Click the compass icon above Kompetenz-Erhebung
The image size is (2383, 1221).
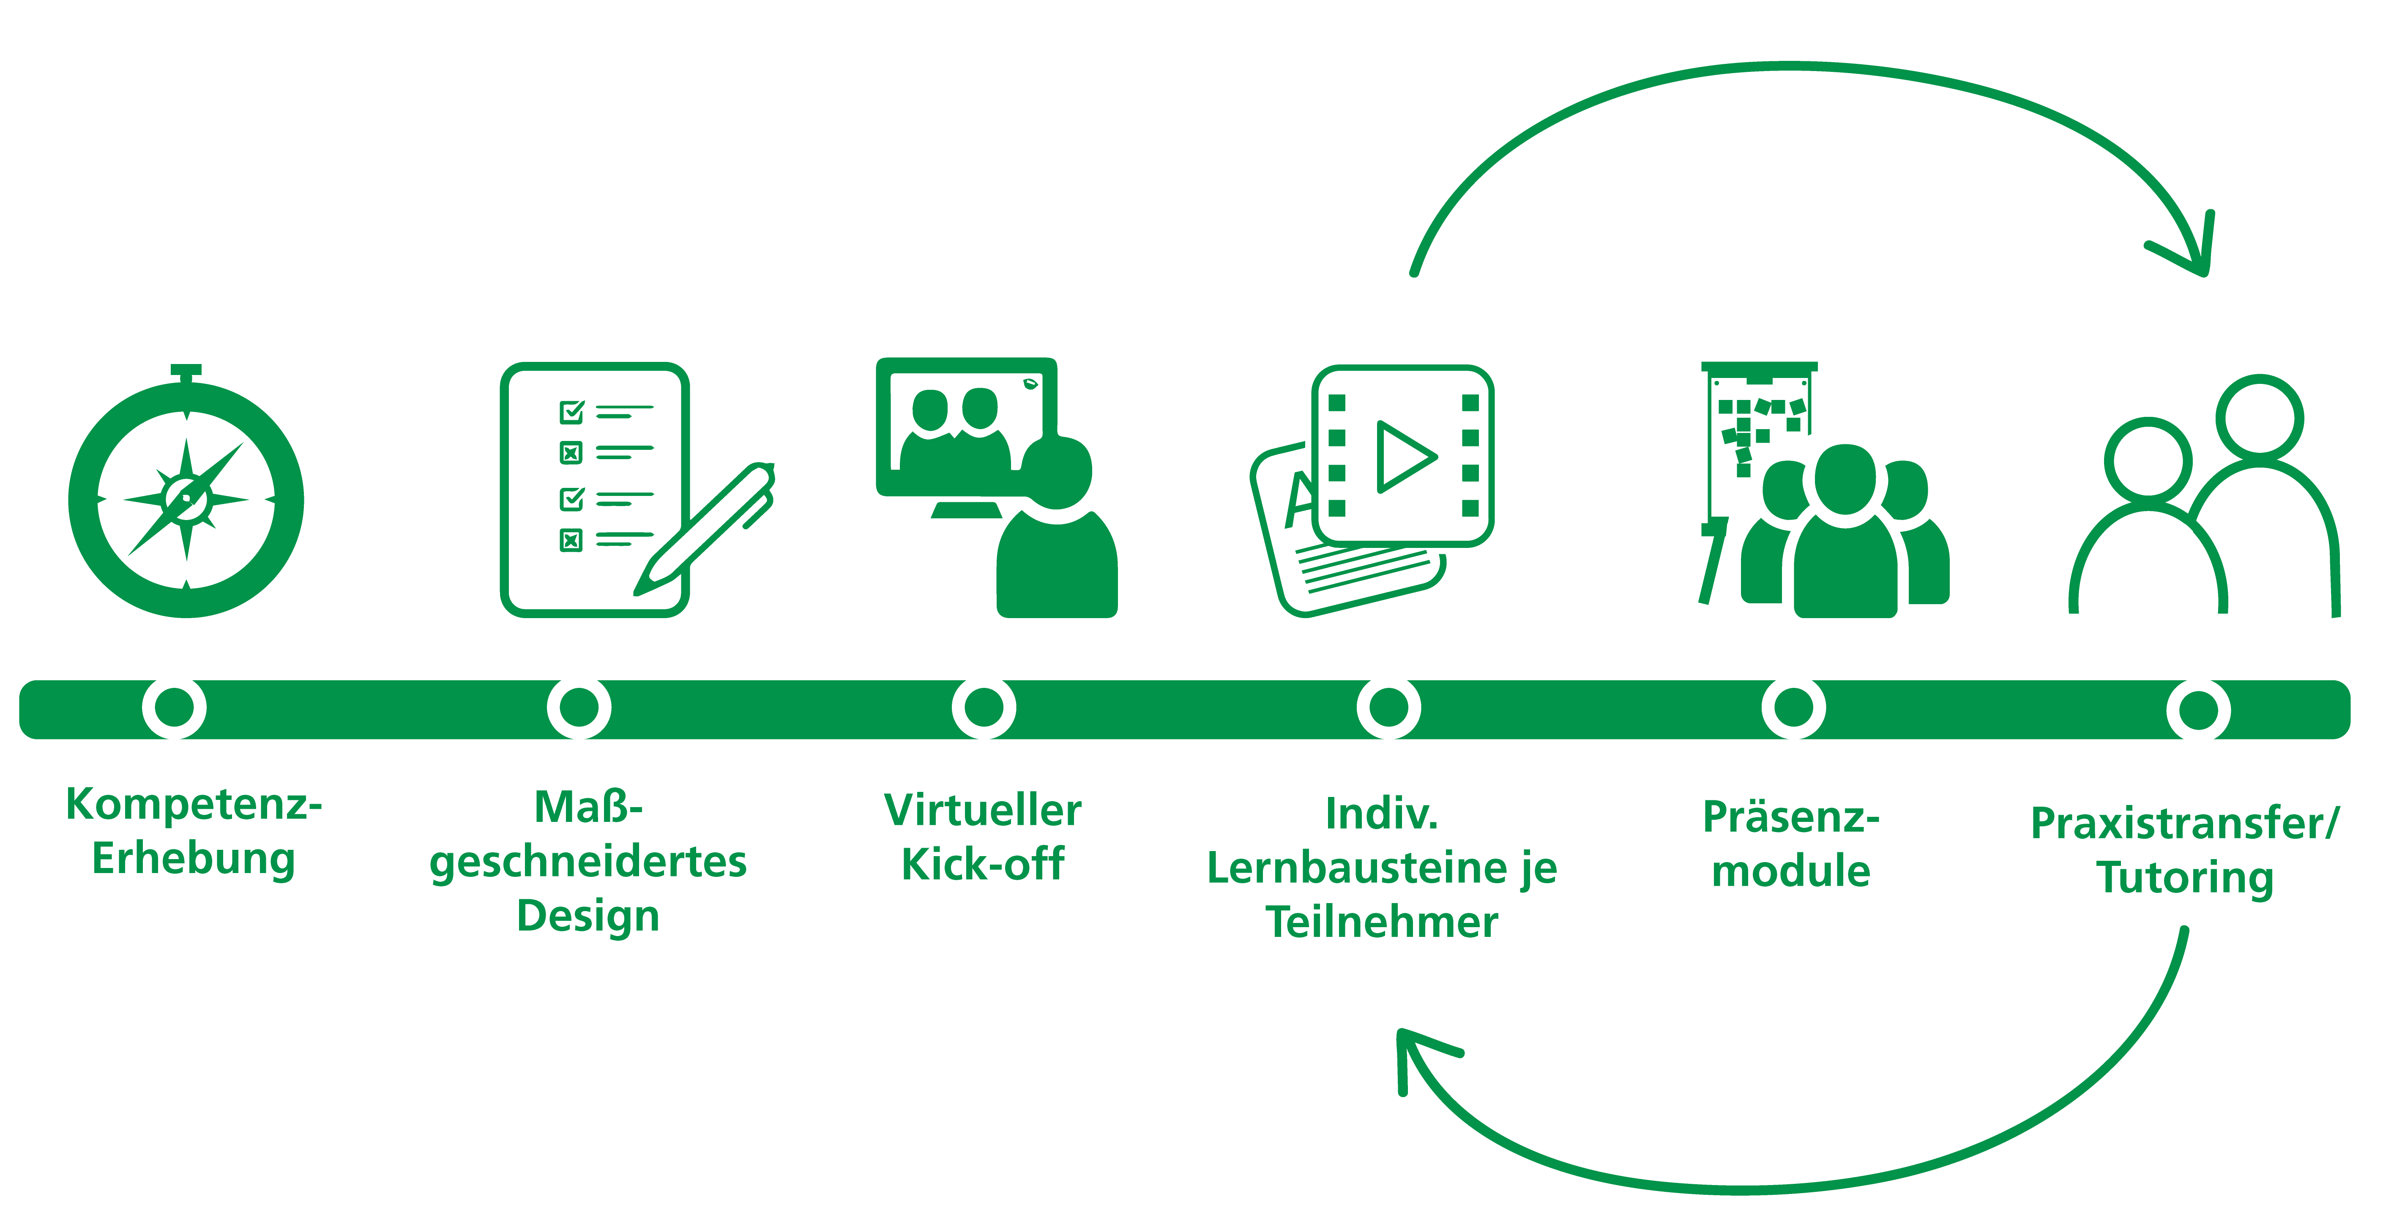click(186, 498)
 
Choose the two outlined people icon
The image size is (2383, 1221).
click(2206, 499)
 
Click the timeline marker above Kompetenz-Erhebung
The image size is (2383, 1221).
click(174, 708)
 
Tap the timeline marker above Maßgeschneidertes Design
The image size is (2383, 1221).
click(579, 708)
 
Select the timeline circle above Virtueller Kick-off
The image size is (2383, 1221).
click(984, 708)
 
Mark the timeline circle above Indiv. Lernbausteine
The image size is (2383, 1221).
click(1388, 708)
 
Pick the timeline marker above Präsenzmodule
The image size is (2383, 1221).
click(1793, 708)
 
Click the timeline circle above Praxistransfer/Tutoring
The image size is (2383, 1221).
click(2198, 710)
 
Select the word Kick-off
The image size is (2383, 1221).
click(984, 865)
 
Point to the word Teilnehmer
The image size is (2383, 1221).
click(1382, 922)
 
